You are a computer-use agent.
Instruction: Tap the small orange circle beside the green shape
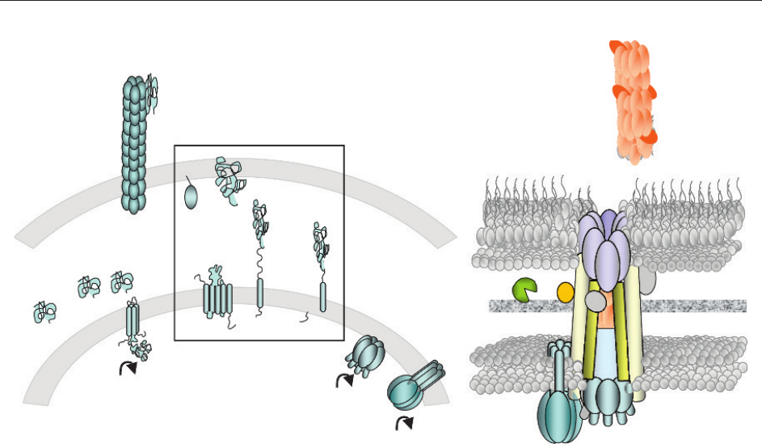click(x=566, y=290)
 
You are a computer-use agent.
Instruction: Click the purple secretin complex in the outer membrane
click(x=602, y=243)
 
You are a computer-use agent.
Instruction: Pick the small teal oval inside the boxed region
click(x=192, y=197)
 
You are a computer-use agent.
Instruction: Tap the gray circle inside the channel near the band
click(x=595, y=301)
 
